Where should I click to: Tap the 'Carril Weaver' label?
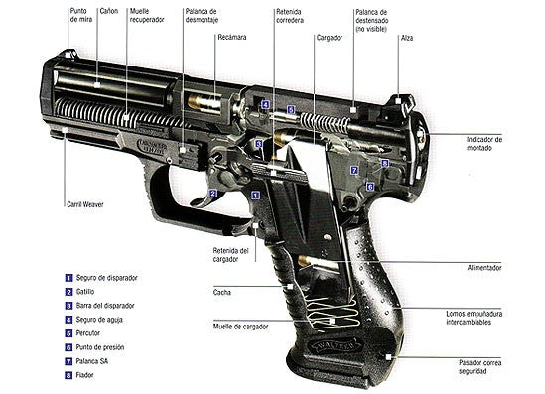point(82,204)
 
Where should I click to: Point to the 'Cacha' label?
point(222,292)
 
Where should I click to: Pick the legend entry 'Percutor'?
point(91,334)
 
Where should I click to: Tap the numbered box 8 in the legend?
point(68,376)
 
